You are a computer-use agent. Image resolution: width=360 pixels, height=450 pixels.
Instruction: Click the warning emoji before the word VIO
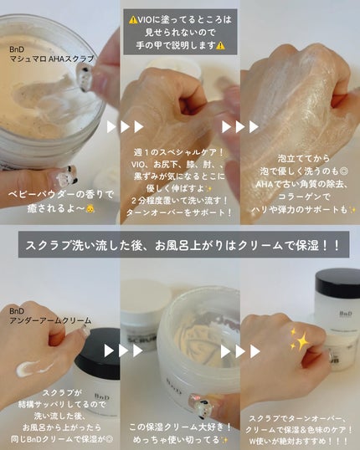(x=133, y=20)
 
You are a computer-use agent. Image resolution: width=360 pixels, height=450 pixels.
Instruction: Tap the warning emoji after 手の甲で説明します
(x=220, y=45)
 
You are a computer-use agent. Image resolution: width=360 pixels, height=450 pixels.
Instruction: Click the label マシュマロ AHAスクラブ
(x=52, y=59)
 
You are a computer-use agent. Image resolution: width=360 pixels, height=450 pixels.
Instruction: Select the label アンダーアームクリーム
(x=50, y=320)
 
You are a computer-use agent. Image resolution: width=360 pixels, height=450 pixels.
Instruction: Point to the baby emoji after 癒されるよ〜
(x=90, y=208)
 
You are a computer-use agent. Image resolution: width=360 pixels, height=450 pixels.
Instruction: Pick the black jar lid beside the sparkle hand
(x=337, y=283)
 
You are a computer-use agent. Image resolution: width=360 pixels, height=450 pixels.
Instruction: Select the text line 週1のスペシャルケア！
(x=178, y=152)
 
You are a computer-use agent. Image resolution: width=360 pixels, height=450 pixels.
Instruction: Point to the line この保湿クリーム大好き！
(x=180, y=427)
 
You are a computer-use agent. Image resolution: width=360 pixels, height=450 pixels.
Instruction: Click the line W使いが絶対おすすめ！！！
(x=299, y=441)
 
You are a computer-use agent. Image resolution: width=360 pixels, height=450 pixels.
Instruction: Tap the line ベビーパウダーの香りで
(x=60, y=195)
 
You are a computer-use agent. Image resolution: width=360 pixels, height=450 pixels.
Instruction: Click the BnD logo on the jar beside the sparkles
(x=345, y=314)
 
